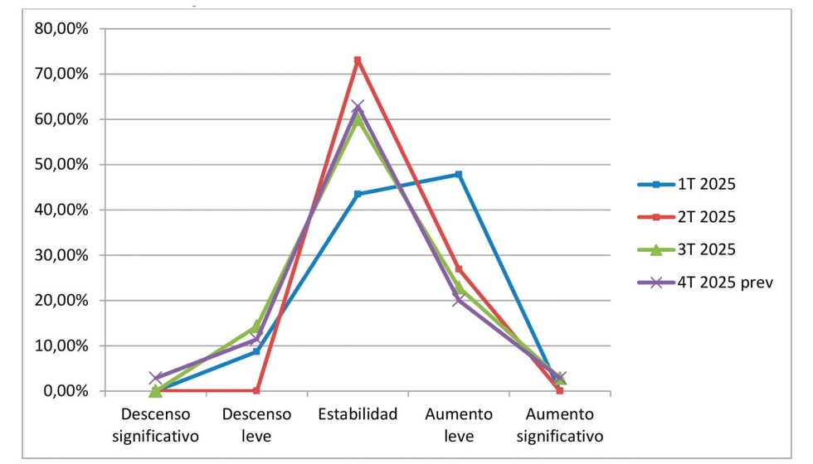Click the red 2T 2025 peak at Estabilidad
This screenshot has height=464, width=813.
[x=358, y=60]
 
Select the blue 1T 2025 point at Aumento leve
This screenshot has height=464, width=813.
[x=459, y=175]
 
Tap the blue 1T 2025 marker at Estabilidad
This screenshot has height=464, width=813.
[x=358, y=194]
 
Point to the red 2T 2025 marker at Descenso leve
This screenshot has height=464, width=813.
[x=256, y=390]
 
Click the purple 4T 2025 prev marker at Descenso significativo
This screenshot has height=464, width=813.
[x=155, y=378]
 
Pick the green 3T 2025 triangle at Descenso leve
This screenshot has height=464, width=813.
[x=256, y=326]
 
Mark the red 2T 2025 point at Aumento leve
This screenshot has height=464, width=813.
[x=459, y=268]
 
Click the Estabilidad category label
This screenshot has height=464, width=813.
[x=358, y=413]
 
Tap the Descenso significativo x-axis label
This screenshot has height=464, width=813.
[x=155, y=423]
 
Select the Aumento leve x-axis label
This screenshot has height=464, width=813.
[x=459, y=423]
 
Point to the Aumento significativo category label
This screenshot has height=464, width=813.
[x=560, y=423]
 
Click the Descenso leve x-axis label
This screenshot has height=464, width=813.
[x=256, y=423]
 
